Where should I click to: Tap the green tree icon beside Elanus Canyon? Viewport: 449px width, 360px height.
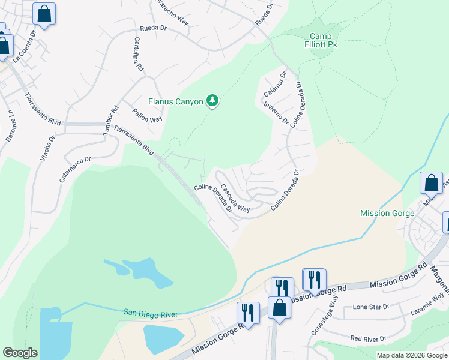212,101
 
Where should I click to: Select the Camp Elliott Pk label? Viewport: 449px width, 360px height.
321,40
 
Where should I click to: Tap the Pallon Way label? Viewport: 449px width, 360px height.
148,115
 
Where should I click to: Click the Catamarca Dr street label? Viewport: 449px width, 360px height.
74,169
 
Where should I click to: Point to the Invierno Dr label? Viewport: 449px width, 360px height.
276,112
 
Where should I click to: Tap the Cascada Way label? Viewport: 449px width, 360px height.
234,198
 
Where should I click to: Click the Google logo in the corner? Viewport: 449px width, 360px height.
20,353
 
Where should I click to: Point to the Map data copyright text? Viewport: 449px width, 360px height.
412,355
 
